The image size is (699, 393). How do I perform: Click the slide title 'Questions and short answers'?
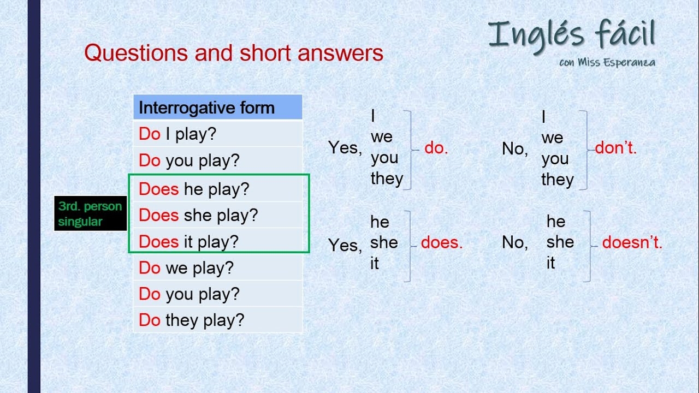(234, 53)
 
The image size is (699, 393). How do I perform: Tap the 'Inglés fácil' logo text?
(571, 34)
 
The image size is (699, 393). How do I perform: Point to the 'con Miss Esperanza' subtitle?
(607, 62)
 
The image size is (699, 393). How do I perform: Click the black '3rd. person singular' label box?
(91, 214)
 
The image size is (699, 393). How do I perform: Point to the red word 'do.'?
(436, 148)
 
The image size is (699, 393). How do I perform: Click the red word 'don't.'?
(616, 148)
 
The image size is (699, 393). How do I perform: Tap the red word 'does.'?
(442, 243)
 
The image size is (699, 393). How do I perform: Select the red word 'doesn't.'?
(632, 243)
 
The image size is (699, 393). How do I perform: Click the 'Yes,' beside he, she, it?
(345, 246)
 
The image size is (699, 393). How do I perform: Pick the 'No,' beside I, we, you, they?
(514, 148)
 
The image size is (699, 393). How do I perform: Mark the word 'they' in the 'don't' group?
(557, 180)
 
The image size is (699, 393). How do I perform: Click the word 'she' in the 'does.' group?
(384, 242)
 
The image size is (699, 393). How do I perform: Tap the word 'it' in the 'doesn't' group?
(550, 263)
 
